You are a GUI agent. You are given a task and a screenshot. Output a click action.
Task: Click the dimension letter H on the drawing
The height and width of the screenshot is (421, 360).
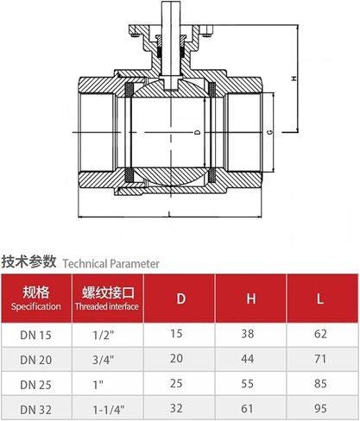294,79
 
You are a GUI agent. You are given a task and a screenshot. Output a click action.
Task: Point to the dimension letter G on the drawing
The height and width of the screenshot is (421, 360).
269,132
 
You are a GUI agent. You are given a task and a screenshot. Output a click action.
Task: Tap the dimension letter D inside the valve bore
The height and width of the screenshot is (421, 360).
198,133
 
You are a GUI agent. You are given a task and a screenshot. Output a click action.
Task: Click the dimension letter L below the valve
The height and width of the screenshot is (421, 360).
170,214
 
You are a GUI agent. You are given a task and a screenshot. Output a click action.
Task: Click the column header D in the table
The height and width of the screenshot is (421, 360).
180,298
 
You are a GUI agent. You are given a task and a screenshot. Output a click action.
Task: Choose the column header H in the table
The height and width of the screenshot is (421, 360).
251,298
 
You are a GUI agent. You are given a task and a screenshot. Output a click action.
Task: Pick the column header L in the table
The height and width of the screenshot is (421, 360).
320,298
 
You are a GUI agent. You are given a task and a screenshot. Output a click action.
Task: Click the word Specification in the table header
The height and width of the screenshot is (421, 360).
36,306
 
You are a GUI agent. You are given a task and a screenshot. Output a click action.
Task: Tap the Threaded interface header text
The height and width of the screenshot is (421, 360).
107,306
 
